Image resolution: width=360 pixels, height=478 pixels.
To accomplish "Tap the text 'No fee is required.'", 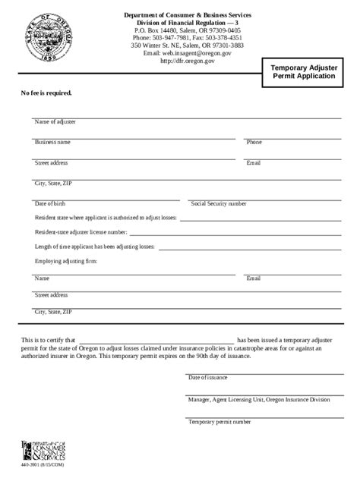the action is click(x=46, y=93).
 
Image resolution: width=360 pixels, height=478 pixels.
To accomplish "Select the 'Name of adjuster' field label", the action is click(x=55, y=121).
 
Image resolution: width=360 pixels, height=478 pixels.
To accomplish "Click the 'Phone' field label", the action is click(x=254, y=142).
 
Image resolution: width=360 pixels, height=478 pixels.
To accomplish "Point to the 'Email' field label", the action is click(x=253, y=162).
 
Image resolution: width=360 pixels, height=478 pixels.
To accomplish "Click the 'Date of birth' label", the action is click(x=50, y=203).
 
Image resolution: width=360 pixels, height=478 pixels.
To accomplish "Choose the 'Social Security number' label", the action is click(x=219, y=203).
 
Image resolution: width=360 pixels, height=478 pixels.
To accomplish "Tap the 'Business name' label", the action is click(x=52, y=142).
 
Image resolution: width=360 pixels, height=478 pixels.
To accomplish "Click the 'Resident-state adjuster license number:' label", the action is click(x=81, y=232).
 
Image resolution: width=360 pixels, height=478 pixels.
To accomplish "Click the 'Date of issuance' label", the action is click(x=207, y=377).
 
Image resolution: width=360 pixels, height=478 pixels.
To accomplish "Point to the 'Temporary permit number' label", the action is click(x=219, y=421).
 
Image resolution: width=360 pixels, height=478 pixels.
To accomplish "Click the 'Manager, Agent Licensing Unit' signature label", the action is click(x=259, y=399).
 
